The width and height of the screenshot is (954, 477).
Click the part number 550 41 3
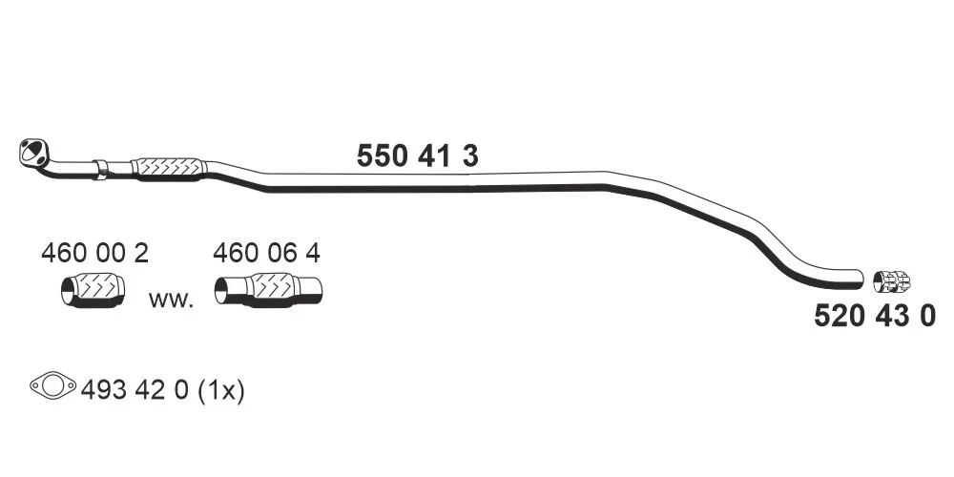(418, 156)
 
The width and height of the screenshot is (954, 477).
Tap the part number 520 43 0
(874, 316)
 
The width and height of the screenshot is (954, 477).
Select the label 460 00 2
(94, 253)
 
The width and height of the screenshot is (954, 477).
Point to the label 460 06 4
(266, 253)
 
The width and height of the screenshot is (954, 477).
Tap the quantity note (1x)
(221, 390)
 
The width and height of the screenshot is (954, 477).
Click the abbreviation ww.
(171, 300)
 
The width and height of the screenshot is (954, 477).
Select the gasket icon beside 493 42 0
(52, 385)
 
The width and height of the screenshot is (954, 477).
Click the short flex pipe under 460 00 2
(93, 290)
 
